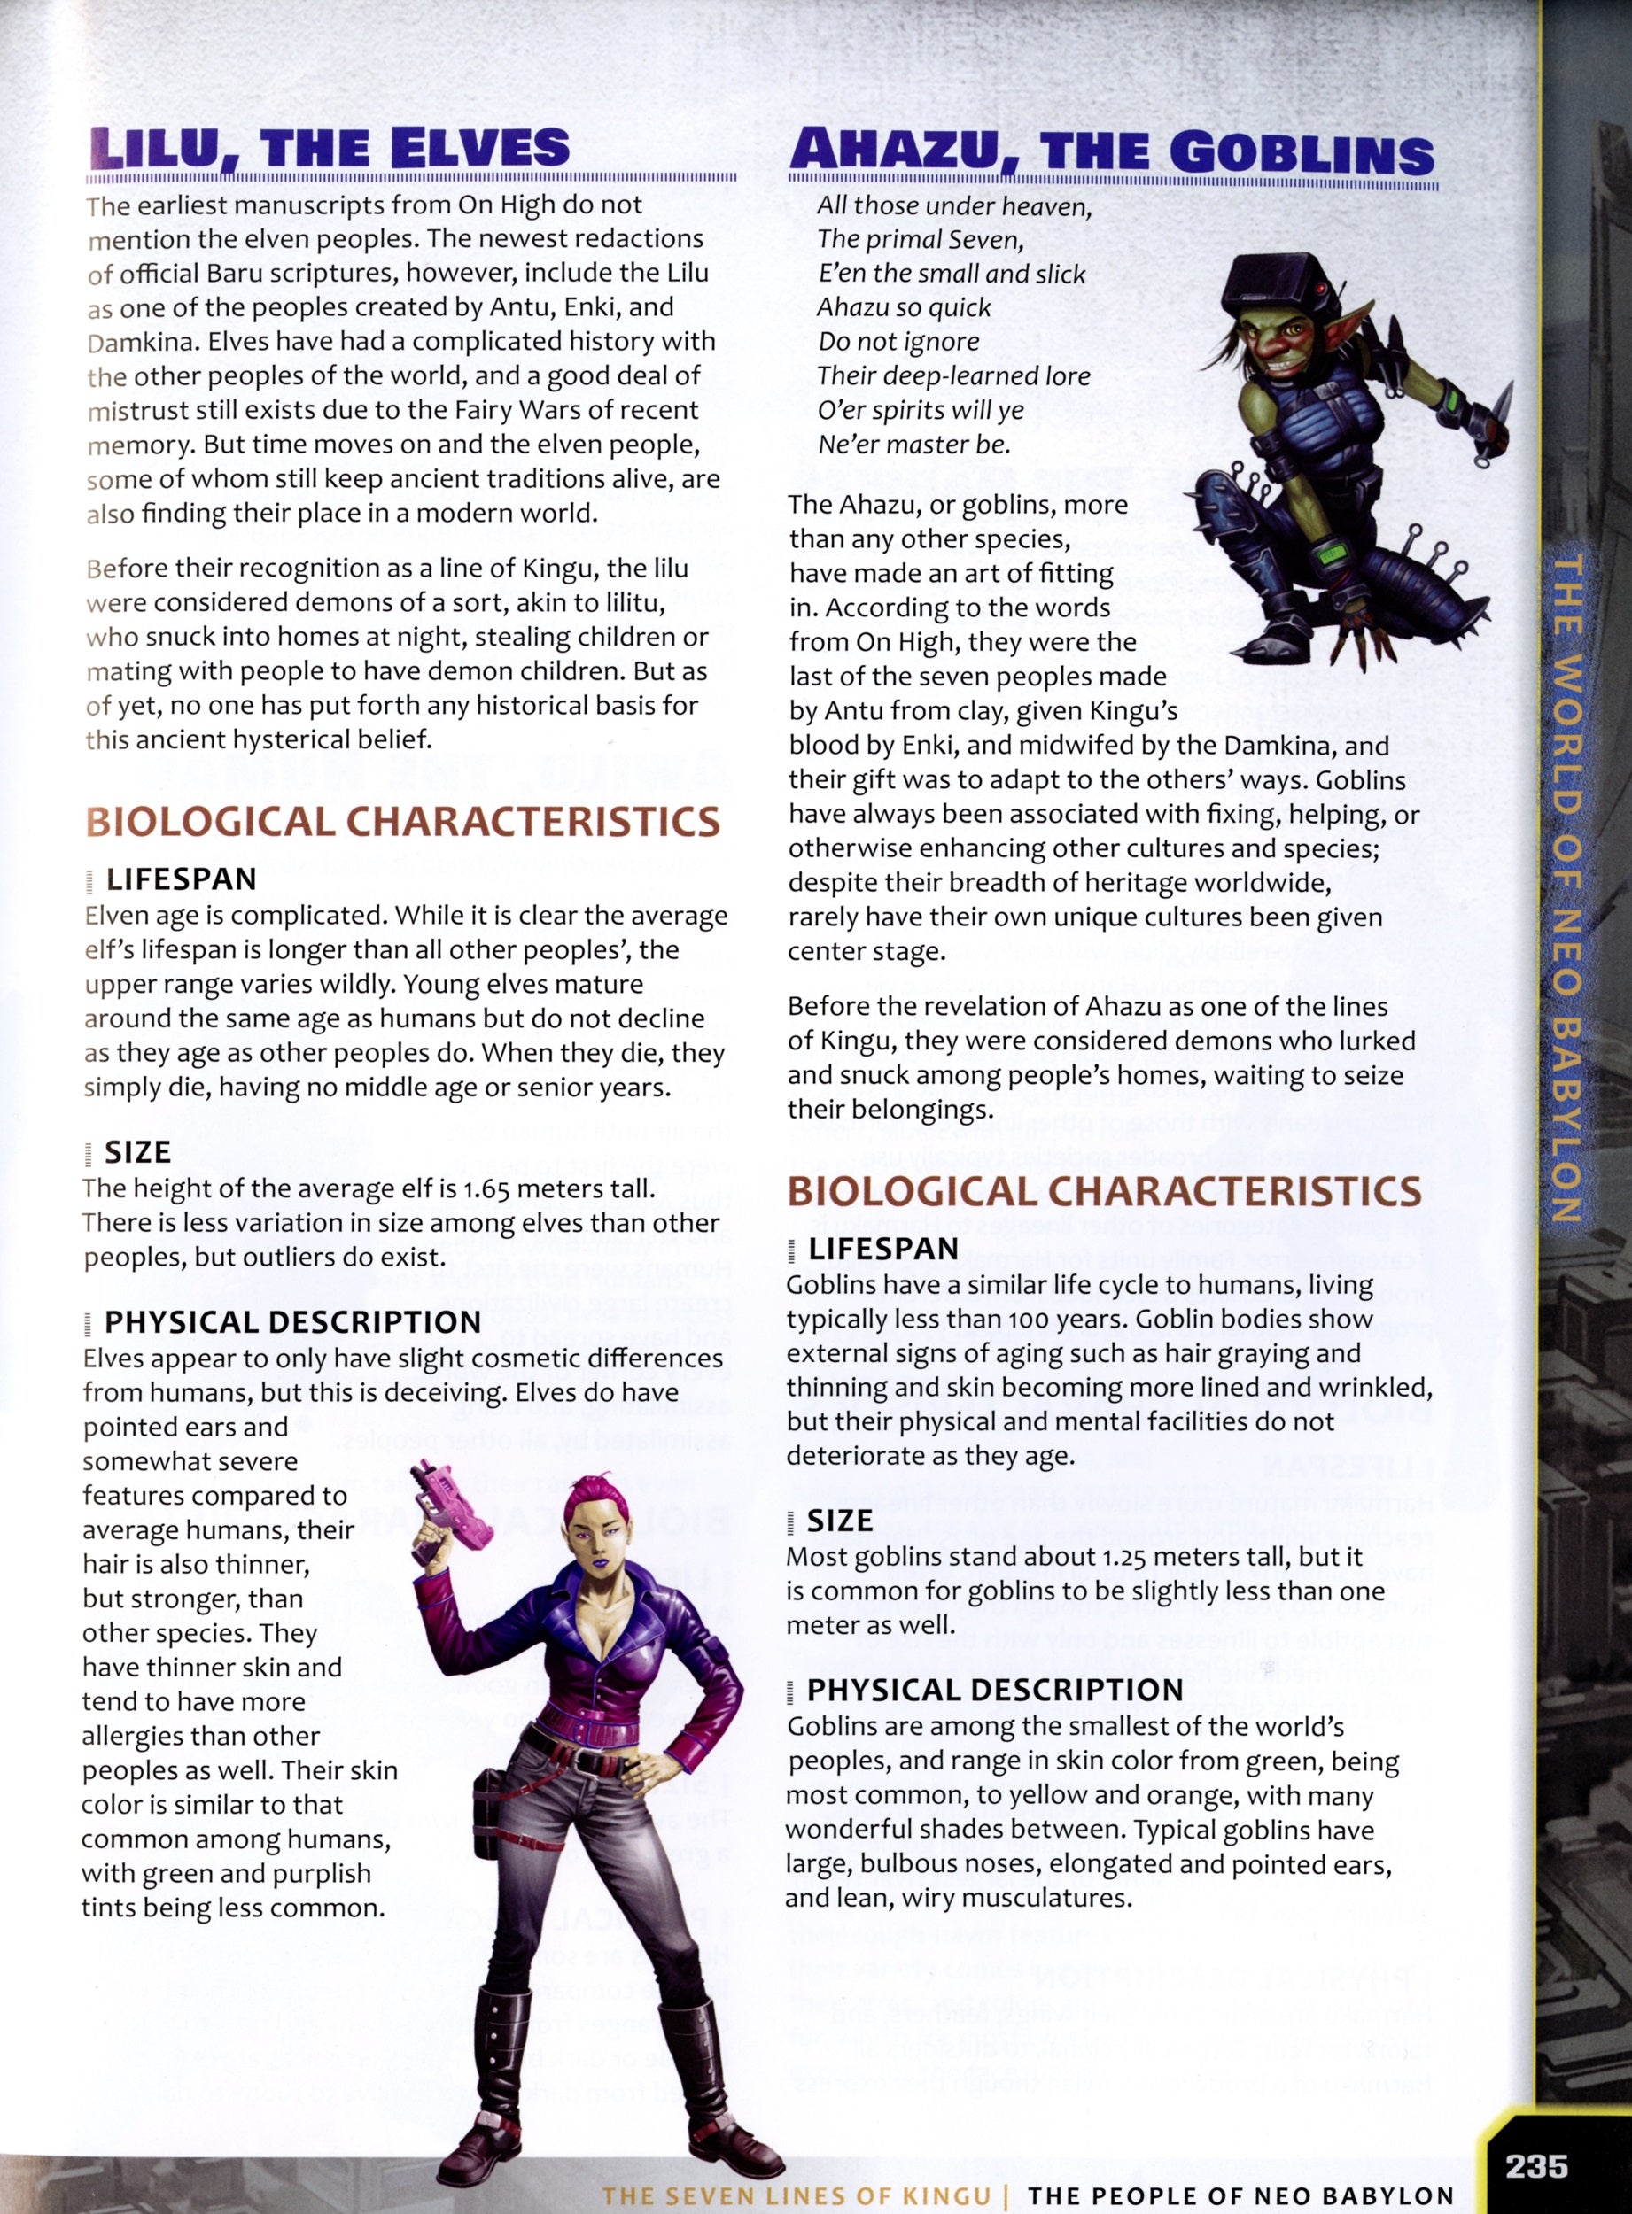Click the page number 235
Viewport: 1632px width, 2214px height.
click(x=1536, y=2165)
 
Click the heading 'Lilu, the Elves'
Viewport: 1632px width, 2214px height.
click(x=330, y=148)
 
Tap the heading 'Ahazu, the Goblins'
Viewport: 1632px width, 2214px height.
click(x=1111, y=152)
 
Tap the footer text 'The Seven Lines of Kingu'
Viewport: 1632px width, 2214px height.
click(x=797, y=2196)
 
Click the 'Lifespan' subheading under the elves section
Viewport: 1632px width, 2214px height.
click(x=181, y=879)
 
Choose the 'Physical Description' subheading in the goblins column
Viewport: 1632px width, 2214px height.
click(x=995, y=1690)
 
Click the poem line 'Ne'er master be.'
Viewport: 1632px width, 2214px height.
click(x=913, y=445)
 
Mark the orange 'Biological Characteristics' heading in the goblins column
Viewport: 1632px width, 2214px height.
click(x=1103, y=1191)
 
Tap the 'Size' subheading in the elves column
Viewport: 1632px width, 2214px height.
click(x=137, y=1151)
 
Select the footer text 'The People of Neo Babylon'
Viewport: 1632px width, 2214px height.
click(x=1240, y=2196)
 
